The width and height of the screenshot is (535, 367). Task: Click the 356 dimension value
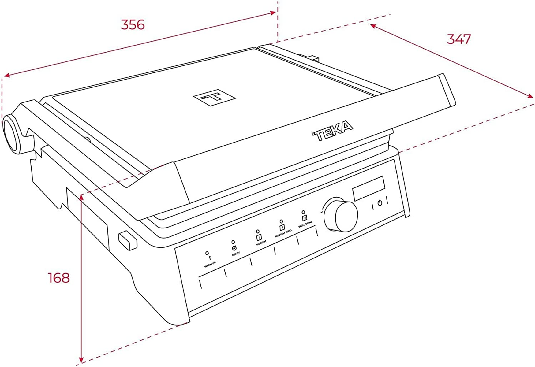133,25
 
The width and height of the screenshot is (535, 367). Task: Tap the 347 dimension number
459,39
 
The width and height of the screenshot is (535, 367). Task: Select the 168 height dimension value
59,278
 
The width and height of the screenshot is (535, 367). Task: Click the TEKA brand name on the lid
332,131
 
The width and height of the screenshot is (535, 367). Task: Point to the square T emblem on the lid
214,98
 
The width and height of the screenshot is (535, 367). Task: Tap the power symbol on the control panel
380,203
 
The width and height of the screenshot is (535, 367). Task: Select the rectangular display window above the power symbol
369,188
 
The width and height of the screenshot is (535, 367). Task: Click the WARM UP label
210,265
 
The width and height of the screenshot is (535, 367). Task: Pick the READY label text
236,254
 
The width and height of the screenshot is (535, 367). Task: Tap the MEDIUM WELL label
283,233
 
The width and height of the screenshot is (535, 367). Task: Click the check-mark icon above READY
234,248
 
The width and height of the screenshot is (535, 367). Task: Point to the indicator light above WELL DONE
303,212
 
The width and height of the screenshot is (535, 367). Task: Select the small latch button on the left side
128,241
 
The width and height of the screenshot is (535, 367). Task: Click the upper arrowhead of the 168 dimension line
81,198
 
